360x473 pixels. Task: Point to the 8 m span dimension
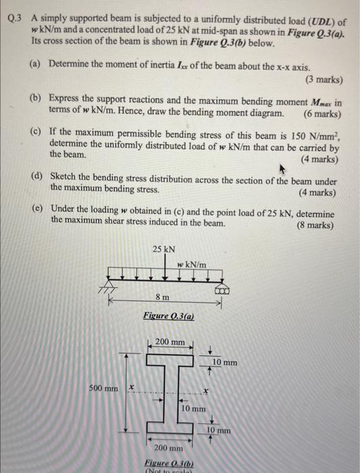[162, 297]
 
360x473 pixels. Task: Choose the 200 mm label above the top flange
[170, 343]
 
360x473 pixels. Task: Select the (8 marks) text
[315, 224]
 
